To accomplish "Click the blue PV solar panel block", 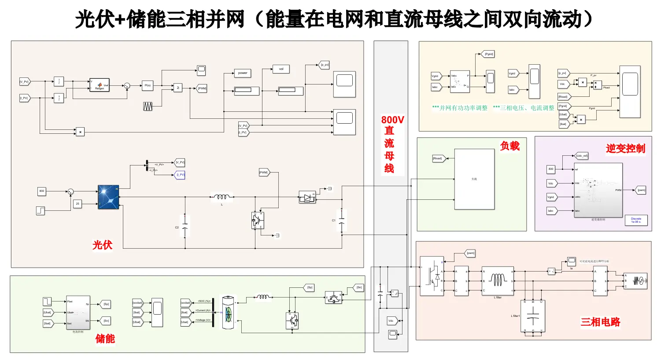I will [108, 197].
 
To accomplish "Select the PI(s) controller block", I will [148, 85].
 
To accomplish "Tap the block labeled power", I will [243, 73].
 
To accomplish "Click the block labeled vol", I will [281, 69].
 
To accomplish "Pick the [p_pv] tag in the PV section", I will [324, 65].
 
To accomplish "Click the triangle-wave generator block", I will [148, 106].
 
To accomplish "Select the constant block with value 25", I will [78, 204].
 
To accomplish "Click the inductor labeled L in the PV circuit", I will [221, 198].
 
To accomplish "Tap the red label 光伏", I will [102, 245].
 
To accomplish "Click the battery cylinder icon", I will [228, 312].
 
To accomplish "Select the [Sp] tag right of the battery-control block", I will [106, 304].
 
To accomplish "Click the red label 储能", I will [105, 338].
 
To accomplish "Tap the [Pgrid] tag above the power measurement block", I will [489, 54].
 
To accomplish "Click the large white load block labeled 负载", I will [474, 179].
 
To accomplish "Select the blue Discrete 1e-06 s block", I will [636, 220].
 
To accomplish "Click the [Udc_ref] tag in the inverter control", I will [582, 156].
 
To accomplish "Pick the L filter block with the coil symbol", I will [498, 281].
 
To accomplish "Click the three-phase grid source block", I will [635, 280].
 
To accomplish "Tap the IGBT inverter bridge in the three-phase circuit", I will [432, 276].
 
